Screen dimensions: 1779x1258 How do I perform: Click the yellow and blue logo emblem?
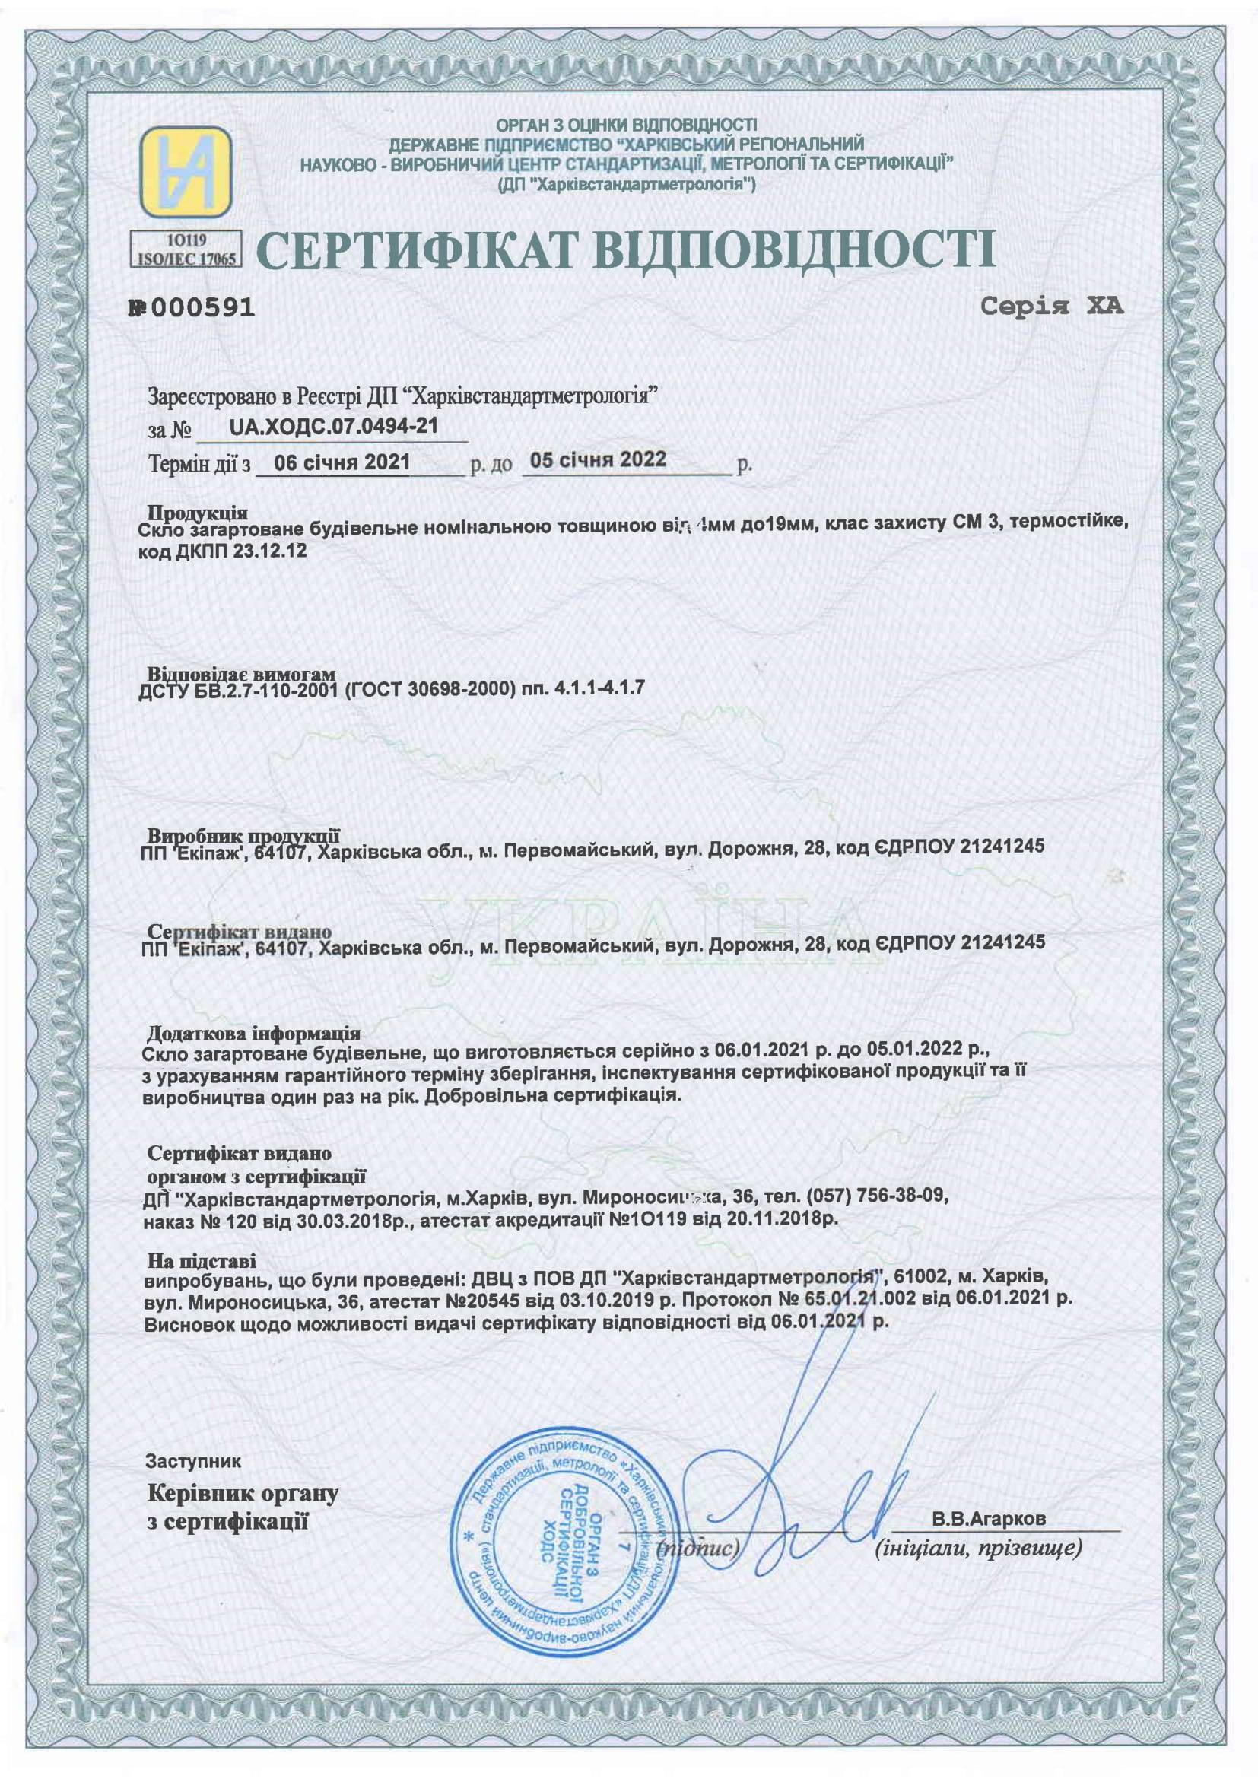pyautogui.click(x=186, y=171)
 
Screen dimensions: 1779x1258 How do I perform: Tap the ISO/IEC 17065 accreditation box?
pyautogui.click(x=186, y=249)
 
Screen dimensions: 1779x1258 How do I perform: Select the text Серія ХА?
pyautogui.click(x=1051, y=307)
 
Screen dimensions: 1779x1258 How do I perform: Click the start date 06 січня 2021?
pyautogui.click(x=342, y=462)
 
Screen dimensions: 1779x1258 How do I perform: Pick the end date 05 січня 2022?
pyautogui.click(x=598, y=459)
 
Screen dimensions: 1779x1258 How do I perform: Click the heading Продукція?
pyautogui.click(x=198, y=513)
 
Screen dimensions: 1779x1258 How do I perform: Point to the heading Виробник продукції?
pyautogui.click(x=244, y=836)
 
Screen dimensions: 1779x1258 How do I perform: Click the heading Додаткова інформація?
pyautogui.click(x=253, y=1033)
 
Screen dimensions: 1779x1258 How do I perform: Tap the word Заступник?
pyautogui.click(x=193, y=1461)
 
